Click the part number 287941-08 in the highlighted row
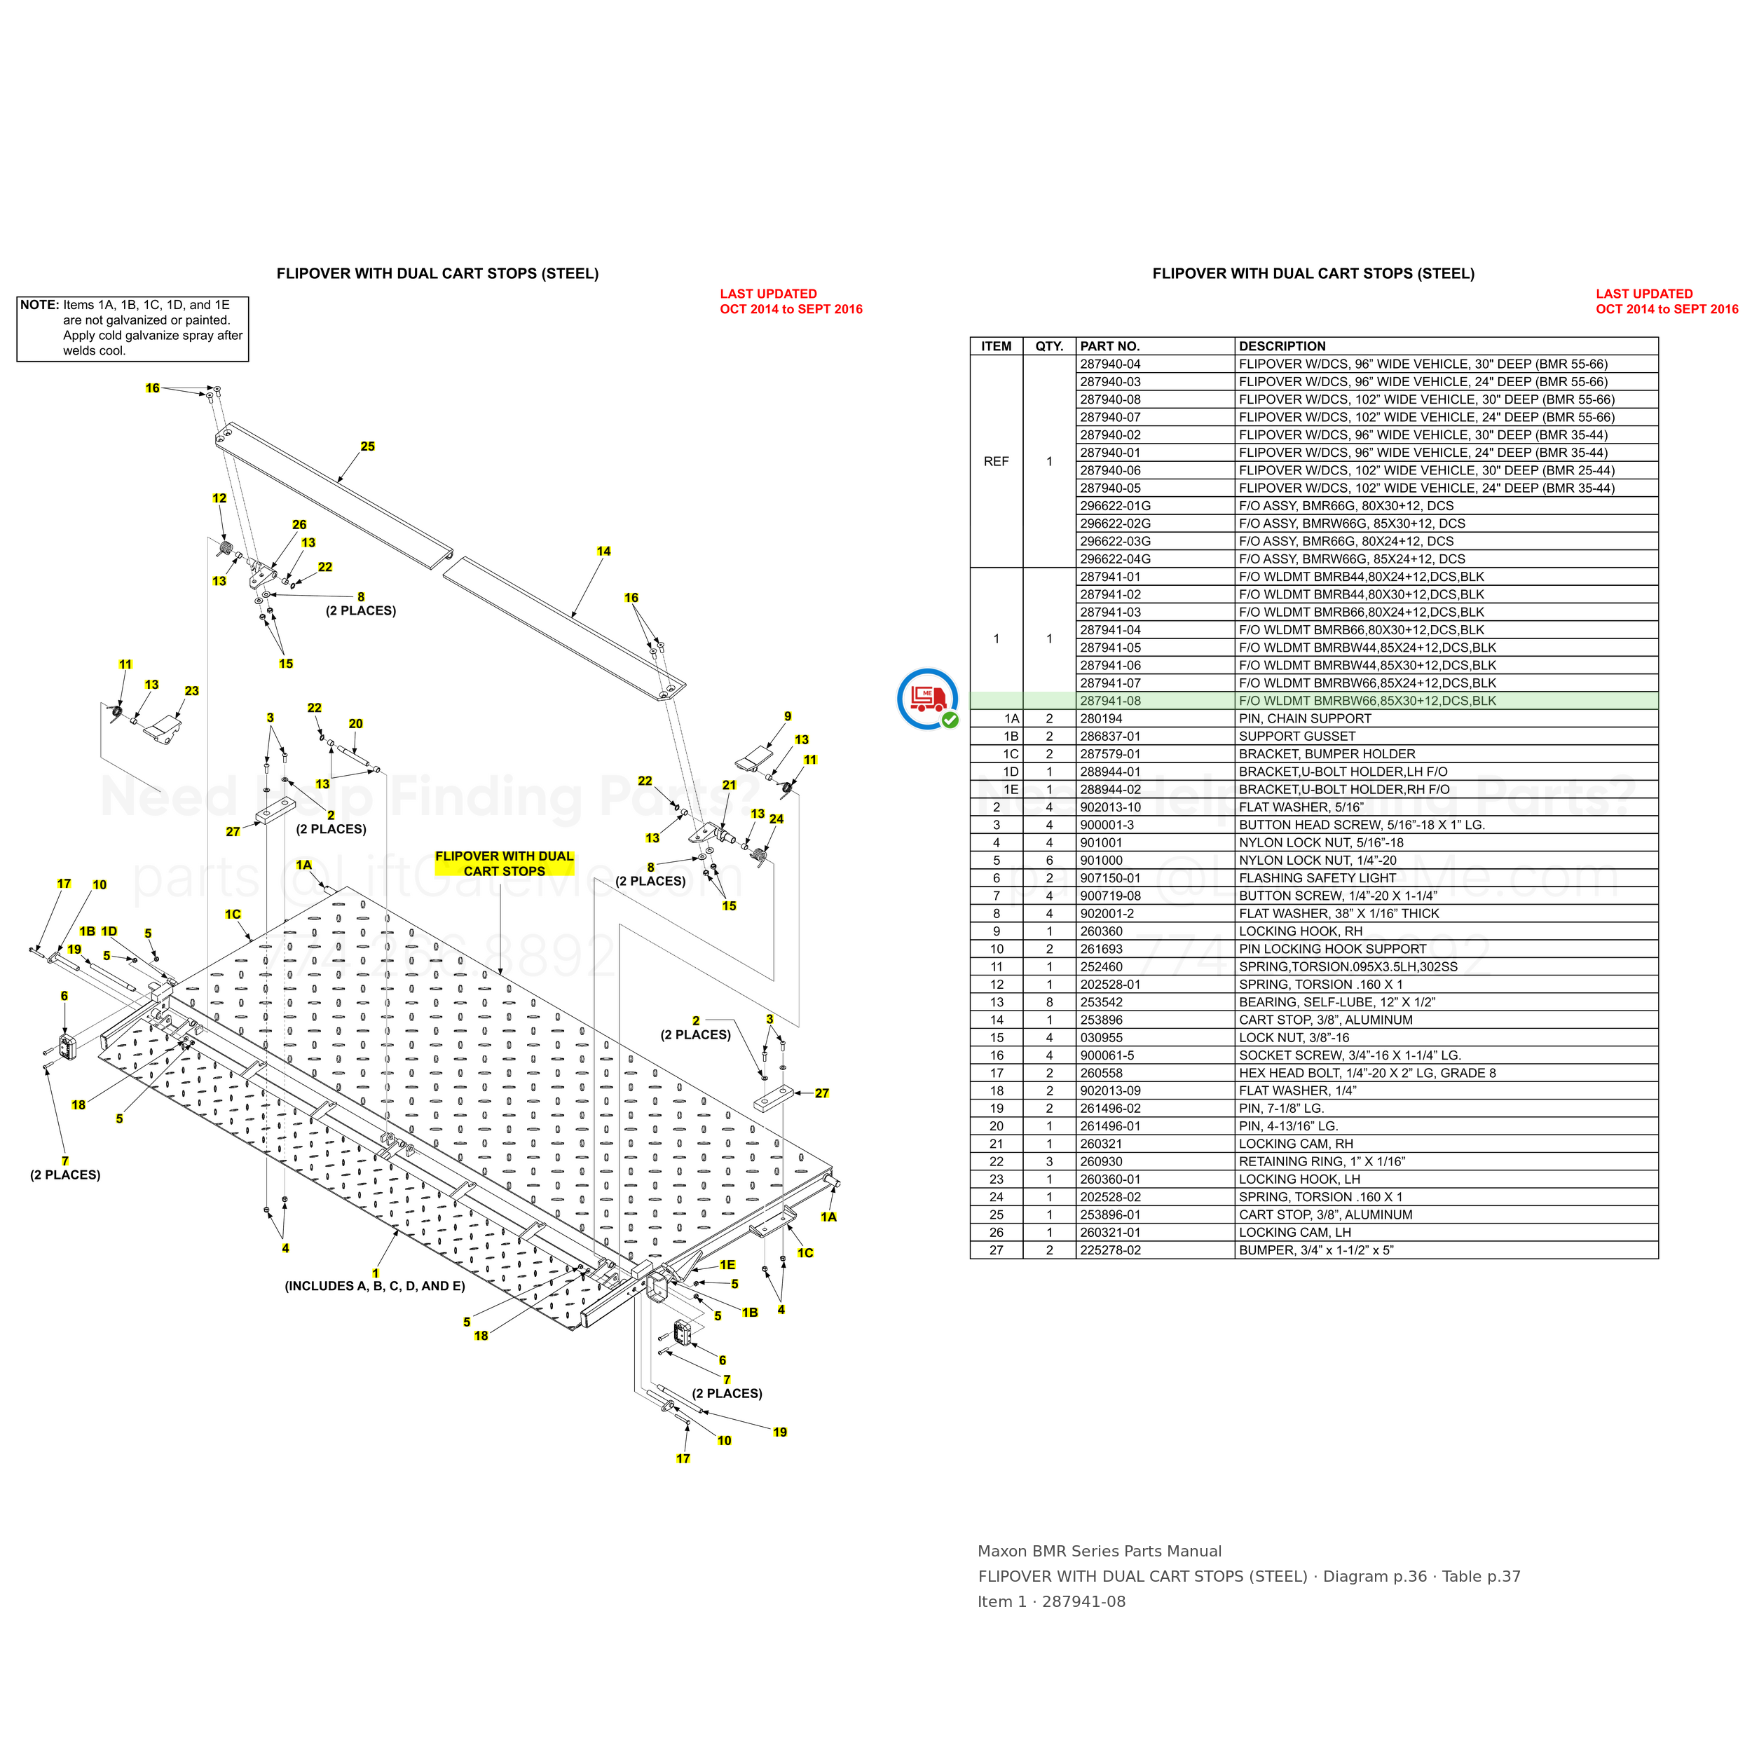pyautogui.click(x=1110, y=701)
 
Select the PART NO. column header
pyautogui.click(x=1110, y=346)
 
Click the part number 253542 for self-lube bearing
pyautogui.click(x=1102, y=1002)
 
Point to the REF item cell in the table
pyautogui.click(x=996, y=462)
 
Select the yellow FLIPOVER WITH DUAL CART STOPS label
pyautogui.click(x=504, y=863)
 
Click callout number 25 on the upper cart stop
pyautogui.click(x=367, y=446)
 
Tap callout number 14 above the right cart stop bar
pyautogui.click(x=604, y=552)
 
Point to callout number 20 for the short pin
pyautogui.click(x=355, y=724)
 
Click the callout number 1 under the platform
pyautogui.click(x=376, y=1273)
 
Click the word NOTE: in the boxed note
pyautogui.click(x=40, y=305)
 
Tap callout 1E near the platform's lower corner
pyautogui.click(x=727, y=1265)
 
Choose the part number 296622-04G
pyautogui.click(x=1116, y=559)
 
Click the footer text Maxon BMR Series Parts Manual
pyautogui.click(x=1099, y=1551)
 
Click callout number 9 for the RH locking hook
pyautogui.click(x=788, y=716)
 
